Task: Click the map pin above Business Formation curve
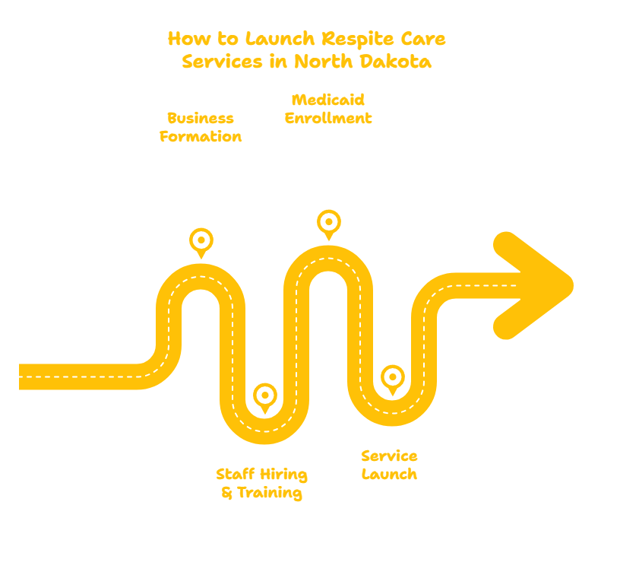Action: coord(201,243)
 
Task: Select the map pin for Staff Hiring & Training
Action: coord(265,398)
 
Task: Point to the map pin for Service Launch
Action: coord(393,380)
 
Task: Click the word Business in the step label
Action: coord(201,119)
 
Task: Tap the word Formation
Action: coord(201,137)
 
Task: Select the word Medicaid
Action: coord(328,100)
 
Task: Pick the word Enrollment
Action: coord(328,118)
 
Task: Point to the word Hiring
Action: coord(283,475)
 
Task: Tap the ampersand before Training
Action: coord(227,493)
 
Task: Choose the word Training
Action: coord(270,494)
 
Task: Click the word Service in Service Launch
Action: coord(389,456)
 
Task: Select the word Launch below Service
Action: coord(389,474)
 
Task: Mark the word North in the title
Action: coord(323,62)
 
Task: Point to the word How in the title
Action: coord(189,39)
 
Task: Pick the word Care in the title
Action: coord(423,39)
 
